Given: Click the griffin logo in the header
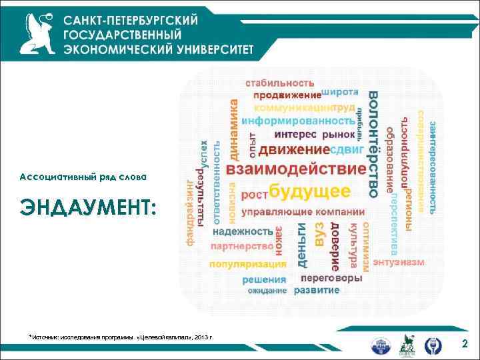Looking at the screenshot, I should pyautogui.click(x=37, y=33).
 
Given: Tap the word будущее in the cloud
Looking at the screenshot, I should pyautogui.click(x=309, y=192).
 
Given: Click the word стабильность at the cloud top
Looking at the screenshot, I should pyautogui.click(x=279, y=83).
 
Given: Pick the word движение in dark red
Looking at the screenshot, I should pyautogui.click(x=294, y=149).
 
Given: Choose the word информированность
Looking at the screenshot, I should pyautogui.click(x=297, y=121).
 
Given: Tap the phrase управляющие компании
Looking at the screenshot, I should pyautogui.click(x=293, y=213).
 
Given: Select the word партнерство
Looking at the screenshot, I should pyautogui.click(x=241, y=247).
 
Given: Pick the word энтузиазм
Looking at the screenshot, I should pyautogui.click(x=399, y=263).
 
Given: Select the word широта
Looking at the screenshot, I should pyautogui.click(x=340, y=91).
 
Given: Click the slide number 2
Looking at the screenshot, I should pyautogui.click(x=465, y=343).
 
